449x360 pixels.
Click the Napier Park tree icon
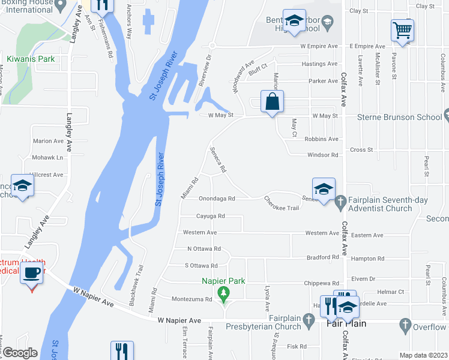[224, 293]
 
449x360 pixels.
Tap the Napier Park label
[224, 280]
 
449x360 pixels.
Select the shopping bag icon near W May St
[273, 101]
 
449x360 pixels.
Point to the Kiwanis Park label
[31, 59]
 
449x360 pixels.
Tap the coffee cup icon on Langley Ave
[32, 274]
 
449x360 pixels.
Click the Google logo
[20, 353]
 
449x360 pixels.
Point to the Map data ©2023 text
[423, 355]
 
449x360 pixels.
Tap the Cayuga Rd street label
[210, 216]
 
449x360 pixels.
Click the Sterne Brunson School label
[400, 117]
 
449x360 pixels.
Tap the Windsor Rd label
[323, 155]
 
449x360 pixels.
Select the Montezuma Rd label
[192, 299]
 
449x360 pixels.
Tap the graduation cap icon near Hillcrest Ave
[22, 187]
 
